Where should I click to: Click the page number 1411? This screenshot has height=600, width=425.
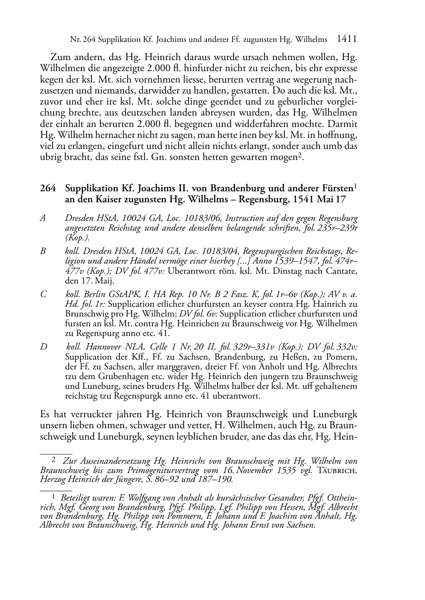(347, 39)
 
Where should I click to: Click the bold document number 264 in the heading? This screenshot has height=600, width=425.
(48, 188)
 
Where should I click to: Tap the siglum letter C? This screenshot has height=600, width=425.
(43, 294)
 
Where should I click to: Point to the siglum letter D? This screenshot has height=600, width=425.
(43, 347)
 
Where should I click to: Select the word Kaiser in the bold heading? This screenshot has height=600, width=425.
(104, 199)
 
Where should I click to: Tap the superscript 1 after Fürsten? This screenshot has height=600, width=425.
(356, 186)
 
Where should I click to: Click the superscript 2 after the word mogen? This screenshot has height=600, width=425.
(298, 156)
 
